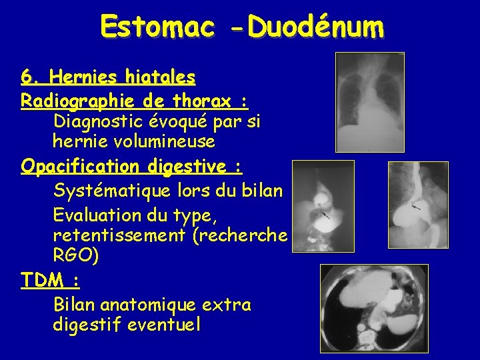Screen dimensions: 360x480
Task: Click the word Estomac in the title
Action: click(158, 27)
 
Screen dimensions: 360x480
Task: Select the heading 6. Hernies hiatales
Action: click(108, 78)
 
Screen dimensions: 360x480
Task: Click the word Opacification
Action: click(81, 165)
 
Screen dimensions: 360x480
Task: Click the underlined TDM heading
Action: click(50, 279)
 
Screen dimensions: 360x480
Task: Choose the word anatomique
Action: click(152, 305)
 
